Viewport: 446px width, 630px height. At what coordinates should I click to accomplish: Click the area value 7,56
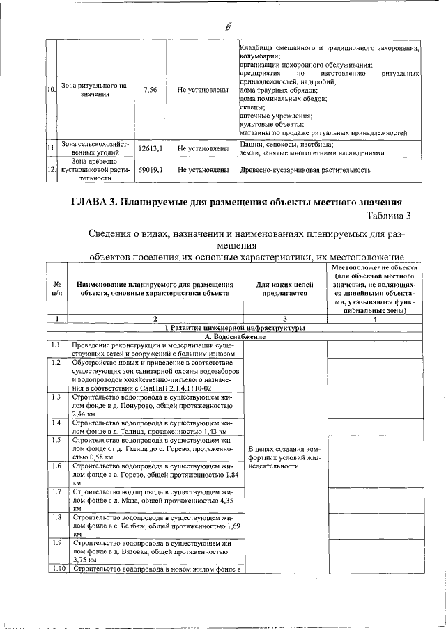[x=149, y=90]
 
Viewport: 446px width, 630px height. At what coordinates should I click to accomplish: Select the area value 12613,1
[x=150, y=148]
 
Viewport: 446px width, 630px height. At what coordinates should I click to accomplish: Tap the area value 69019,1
[x=150, y=169]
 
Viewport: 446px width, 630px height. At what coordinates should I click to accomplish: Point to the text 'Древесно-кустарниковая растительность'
[x=302, y=169]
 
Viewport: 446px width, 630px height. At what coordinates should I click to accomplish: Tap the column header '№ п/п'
[x=56, y=289]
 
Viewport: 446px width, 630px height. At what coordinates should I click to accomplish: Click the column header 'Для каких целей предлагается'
[x=282, y=289]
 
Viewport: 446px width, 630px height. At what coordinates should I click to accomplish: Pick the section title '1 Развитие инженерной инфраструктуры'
[x=234, y=327]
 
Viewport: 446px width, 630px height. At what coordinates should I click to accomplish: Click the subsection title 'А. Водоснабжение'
[x=234, y=336]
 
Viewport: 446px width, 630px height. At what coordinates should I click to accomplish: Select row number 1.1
[x=56, y=345]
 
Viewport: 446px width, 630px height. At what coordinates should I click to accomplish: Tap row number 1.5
[x=56, y=440]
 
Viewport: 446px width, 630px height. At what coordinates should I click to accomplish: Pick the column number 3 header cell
[x=282, y=318]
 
